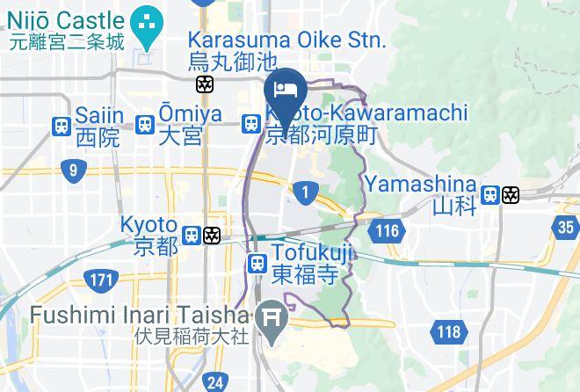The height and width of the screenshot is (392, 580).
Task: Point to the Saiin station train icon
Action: [x=62, y=127]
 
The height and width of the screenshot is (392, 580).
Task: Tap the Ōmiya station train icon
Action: [x=145, y=126]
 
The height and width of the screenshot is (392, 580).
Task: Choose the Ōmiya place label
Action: [x=180, y=125]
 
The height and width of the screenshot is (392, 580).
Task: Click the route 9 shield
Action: [x=72, y=171]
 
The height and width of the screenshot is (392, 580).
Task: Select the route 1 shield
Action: [x=305, y=191]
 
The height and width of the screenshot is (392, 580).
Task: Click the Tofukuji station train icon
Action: [x=257, y=262]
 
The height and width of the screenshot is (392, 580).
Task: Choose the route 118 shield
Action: [x=450, y=330]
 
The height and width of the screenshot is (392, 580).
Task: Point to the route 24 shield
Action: [x=214, y=382]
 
